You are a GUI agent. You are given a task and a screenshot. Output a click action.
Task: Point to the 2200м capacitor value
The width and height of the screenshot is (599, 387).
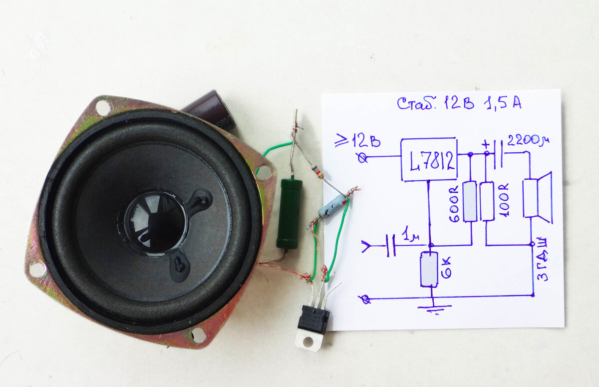pos(524,140)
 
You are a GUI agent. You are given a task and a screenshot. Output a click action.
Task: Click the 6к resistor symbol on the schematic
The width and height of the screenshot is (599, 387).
pos(429,269)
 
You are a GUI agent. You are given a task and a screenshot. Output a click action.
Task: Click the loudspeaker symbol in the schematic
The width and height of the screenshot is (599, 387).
pos(538,198)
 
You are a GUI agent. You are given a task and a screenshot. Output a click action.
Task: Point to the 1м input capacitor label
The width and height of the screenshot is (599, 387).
pos(410,234)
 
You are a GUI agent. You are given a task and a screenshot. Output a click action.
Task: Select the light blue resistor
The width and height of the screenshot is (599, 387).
pos(331,206)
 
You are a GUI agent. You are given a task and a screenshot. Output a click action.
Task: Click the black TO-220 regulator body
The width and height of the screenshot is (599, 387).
pos(313,319)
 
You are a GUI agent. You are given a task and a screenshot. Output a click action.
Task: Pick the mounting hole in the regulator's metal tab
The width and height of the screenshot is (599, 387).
pos(310,341)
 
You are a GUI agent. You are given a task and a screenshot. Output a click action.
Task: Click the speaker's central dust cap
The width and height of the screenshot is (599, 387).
pos(155,221)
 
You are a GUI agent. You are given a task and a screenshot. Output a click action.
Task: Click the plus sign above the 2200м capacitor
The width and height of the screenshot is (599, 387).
pos(485,144)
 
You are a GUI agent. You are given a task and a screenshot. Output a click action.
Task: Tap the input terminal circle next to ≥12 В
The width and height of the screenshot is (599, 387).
pos(363,158)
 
